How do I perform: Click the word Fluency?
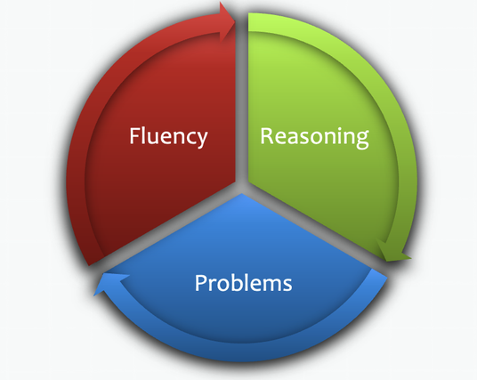point(168,137)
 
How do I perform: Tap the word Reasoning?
point(314,138)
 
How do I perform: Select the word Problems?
point(243,283)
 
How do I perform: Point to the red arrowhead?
point(228,21)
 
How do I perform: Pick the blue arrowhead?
point(110,283)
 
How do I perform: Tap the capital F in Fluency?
point(134,135)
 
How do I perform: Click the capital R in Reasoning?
point(266,135)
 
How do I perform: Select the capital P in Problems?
point(200,283)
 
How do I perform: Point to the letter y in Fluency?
point(201,140)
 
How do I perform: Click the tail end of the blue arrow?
point(379,273)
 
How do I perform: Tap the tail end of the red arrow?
point(95,261)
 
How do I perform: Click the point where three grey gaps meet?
point(242,187)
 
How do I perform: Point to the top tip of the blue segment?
point(242,193)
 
